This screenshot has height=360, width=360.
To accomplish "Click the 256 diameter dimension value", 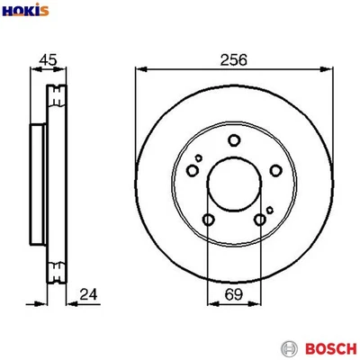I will coord(233,59).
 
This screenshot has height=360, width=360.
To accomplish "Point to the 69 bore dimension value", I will coord(233,293).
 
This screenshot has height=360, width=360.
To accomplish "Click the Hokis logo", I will coord(27,12).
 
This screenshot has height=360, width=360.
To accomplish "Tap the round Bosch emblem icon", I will coord(289,347).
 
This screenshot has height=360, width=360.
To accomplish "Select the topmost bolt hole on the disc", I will coord(233,139).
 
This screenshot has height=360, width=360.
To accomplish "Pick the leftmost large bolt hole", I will coord(192,171).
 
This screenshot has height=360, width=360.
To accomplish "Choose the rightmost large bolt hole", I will coord(274,171).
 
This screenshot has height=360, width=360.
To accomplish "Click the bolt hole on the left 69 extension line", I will coord(208,220).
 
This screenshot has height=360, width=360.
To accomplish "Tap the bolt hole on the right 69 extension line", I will coord(259,220).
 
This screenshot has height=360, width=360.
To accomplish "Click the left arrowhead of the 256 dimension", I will coord(140,68).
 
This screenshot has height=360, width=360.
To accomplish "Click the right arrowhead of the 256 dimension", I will coord(326,68).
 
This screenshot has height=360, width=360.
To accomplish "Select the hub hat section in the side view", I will coord(38,180).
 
